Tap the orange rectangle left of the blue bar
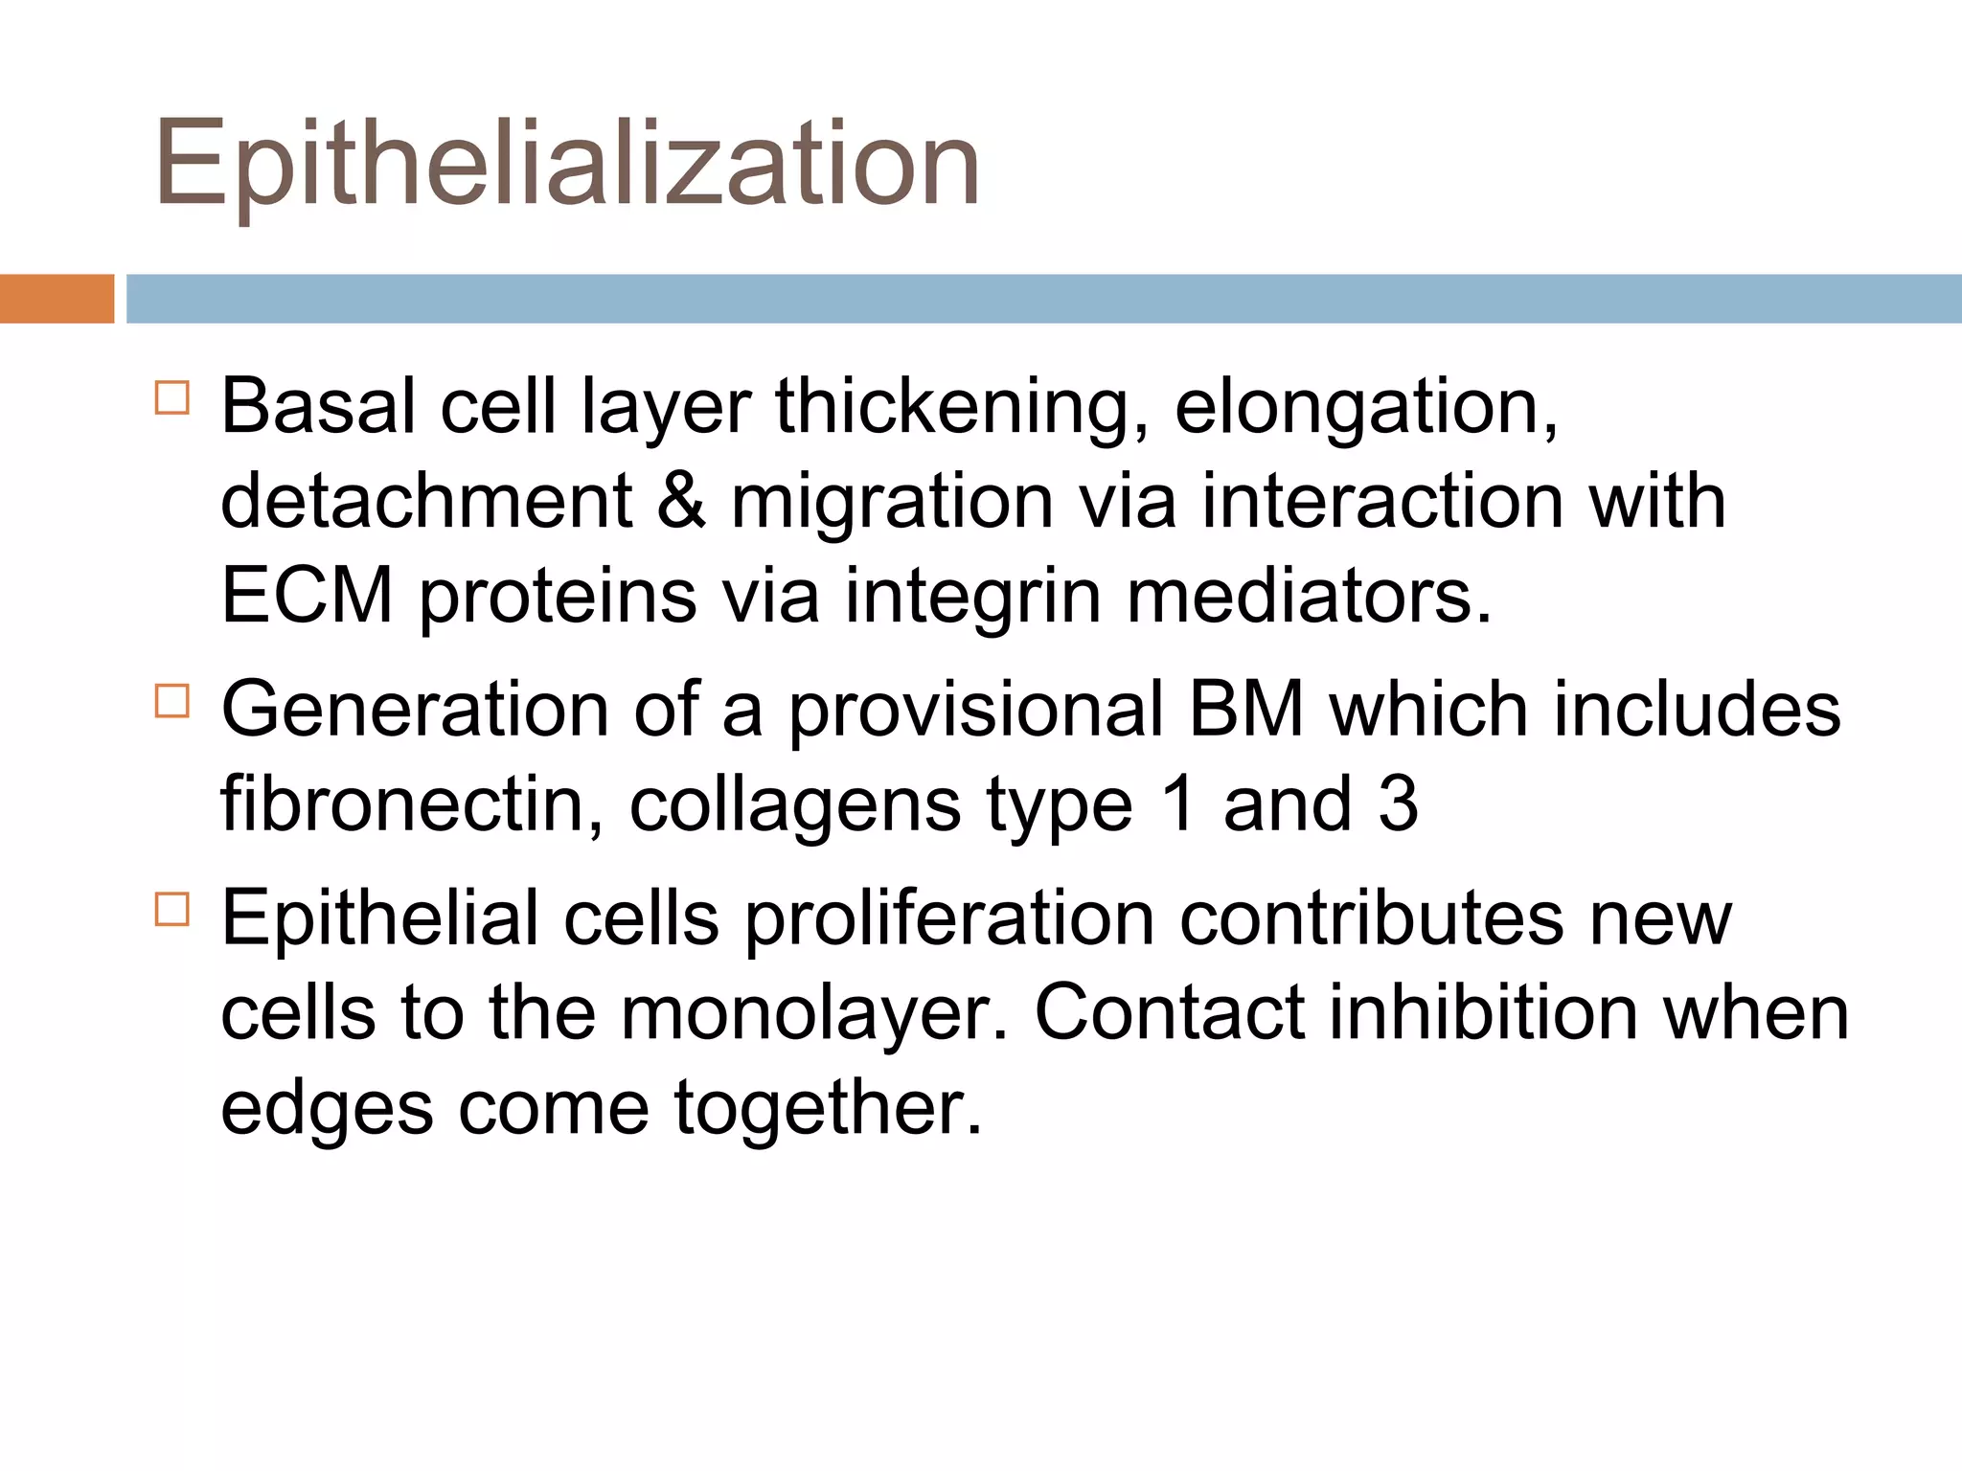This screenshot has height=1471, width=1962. (x=57, y=299)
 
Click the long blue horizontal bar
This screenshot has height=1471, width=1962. (x=1043, y=299)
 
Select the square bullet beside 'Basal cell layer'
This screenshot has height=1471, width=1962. (x=172, y=397)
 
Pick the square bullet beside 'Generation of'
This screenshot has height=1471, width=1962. (x=172, y=701)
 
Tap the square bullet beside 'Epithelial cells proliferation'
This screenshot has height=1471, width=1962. (x=172, y=909)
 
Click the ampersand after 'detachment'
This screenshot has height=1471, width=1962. (x=681, y=502)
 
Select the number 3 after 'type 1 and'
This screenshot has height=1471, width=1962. (x=1398, y=804)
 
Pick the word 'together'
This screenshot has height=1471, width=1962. (x=828, y=1109)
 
